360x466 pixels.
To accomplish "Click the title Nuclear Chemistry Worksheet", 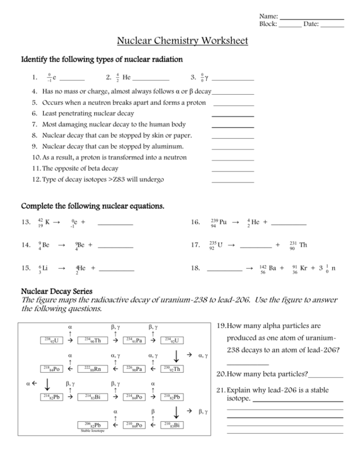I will tap(183, 41).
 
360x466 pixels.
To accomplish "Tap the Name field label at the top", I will tap(268, 16).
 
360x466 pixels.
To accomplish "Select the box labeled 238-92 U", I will tap(50, 341).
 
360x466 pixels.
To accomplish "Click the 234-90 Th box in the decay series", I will tap(92, 341).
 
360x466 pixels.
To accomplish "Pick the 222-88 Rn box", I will tap(92, 369).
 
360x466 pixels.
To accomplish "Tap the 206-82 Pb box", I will tap(92, 425).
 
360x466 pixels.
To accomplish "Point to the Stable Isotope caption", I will tap(92, 431).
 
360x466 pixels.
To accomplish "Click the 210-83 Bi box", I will tap(172, 425).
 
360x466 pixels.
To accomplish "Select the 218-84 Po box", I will tap(50, 369).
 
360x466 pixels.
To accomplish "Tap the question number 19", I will tap(221, 326).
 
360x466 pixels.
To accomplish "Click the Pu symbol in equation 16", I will tap(223, 222).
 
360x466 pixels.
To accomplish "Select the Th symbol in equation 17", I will tap(303, 245).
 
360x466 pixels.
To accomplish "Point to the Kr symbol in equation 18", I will tap(303, 268).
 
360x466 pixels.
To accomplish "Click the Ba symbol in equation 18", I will tap(272, 268).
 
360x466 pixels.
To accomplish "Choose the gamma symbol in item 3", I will tap(206, 77).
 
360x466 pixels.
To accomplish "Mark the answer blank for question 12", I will tap(233, 180).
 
